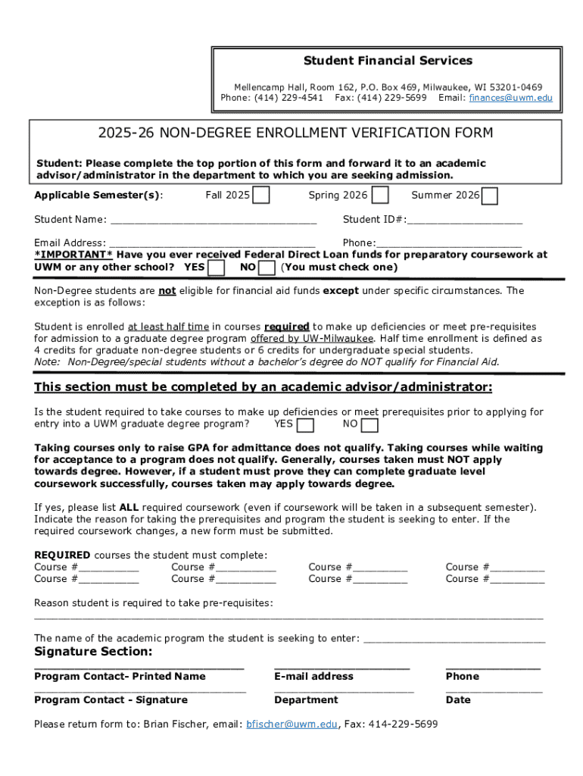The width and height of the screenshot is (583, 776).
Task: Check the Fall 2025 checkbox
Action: click(x=260, y=196)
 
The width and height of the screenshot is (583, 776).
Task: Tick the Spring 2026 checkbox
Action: click(x=381, y=196)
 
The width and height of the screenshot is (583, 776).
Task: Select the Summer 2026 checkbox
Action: click(x=490, y=196)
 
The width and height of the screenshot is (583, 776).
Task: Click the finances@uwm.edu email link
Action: click(x=510, y=99)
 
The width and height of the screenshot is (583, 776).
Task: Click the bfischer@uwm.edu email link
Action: click(x=291, y=724)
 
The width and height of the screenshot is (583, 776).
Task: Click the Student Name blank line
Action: click(x=214, y=221)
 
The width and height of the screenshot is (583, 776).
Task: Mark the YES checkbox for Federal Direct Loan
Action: click(x=217, y=268)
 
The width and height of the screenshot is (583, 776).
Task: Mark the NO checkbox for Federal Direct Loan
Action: click(x=267, y=268)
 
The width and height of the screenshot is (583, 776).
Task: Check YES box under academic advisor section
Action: click(x=306, y=425)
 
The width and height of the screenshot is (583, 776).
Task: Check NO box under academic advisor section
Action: click(x=371, y=425)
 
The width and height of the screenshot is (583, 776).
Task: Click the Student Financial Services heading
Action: click(x=388, y=61)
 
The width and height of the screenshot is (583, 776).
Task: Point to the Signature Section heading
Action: click(x=93, y=652)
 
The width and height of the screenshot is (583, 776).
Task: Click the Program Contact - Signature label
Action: click(x=111, y=700)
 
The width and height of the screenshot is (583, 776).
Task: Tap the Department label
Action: click(x=306, y=700)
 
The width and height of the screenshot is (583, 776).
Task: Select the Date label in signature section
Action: click(x=458, y=700)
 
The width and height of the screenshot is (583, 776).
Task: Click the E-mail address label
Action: click(x=313, y=677)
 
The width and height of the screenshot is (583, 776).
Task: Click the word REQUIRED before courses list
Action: click(x=62, y=555)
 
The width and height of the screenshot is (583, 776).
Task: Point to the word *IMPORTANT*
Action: click(x=73, y=255)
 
